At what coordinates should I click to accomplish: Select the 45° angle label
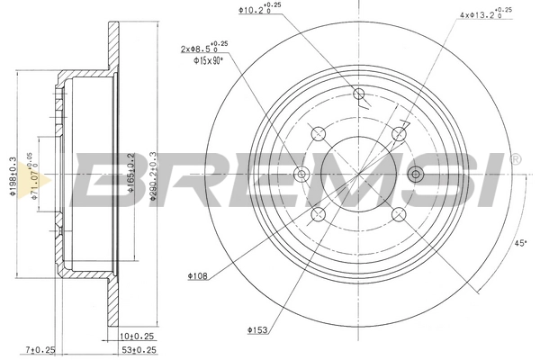[519, 241]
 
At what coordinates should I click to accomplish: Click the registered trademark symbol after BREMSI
[515, 158]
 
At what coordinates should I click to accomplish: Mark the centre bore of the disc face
[357, 174]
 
